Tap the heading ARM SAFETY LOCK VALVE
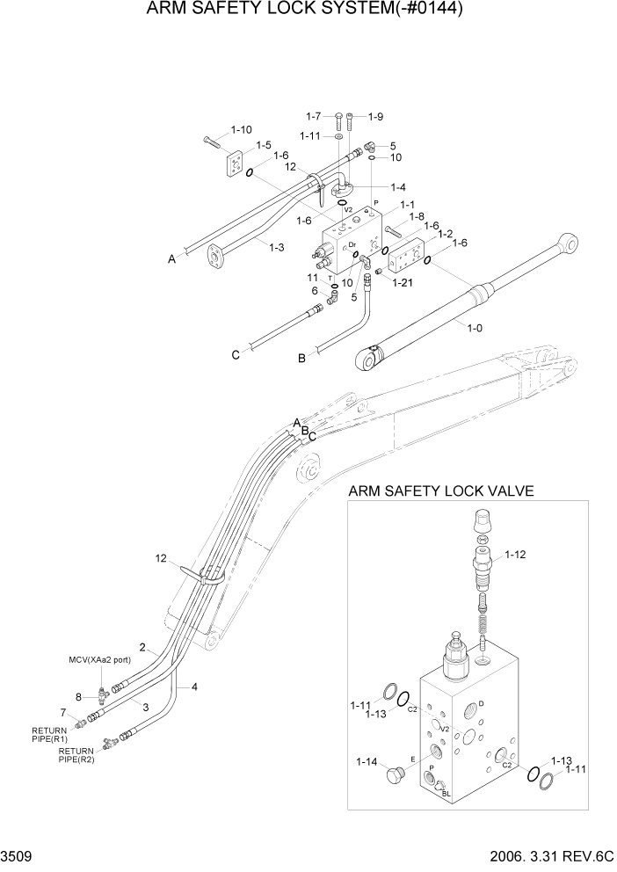click(441, 491)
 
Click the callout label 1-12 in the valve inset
click(518, 555)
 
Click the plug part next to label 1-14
click(396, 775)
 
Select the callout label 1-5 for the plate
click(263, 145)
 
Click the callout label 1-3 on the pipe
click(275, 247)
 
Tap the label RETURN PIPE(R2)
click(76, 755)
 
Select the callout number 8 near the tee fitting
click(77, 697)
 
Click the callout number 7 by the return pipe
click(62, 712)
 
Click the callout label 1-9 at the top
click(375, 116)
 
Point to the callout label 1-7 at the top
click(315, 116)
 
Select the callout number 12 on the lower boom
click(160, 558)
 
